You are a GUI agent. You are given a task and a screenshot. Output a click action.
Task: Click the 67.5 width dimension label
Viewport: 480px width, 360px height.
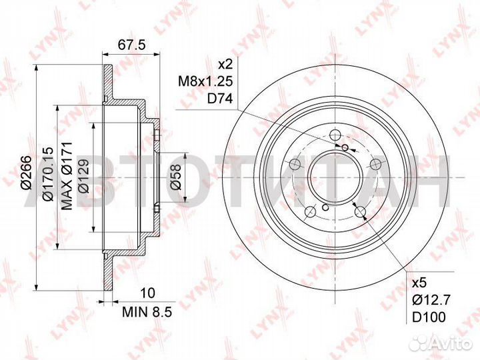(x=131, y=45)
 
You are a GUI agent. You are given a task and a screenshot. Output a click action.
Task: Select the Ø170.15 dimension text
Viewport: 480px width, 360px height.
(x=49, y=174)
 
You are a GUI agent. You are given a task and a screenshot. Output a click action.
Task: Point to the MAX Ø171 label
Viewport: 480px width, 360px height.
(x=67, y=176)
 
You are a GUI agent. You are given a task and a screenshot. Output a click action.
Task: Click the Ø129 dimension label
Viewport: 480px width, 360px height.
(x=83, y=176)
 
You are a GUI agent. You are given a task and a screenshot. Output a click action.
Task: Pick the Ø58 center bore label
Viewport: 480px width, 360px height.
(x=176, y=177)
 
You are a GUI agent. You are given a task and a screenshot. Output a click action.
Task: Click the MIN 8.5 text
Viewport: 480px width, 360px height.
(x=147, y=312)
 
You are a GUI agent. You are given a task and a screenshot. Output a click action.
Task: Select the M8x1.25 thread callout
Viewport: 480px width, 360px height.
(x=206, y=81)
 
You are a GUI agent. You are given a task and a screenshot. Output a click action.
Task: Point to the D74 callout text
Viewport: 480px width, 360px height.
(x=220, y=99)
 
